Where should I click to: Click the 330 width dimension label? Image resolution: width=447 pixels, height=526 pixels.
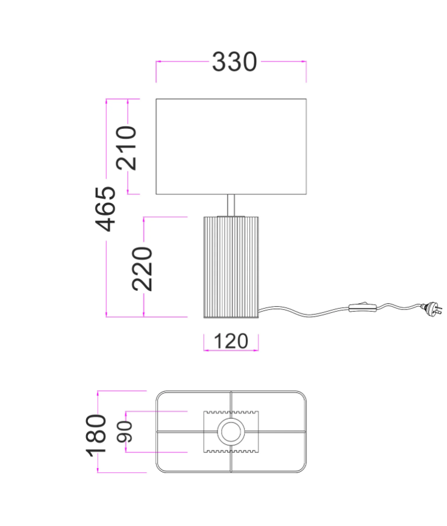coord(234,62)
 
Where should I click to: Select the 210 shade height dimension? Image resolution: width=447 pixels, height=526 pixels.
coord(127,148)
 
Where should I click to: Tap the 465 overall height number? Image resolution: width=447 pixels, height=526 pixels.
coord(105,209)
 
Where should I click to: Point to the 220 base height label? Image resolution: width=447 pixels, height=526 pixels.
coord(142,268)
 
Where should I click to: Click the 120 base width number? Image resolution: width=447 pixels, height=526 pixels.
coord(231,341)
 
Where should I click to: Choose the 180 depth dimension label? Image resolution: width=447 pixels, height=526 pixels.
coord(96,436)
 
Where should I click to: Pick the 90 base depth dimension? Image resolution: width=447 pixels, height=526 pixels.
coord(124,432)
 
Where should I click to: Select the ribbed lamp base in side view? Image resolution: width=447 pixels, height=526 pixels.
coord(231,267)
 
